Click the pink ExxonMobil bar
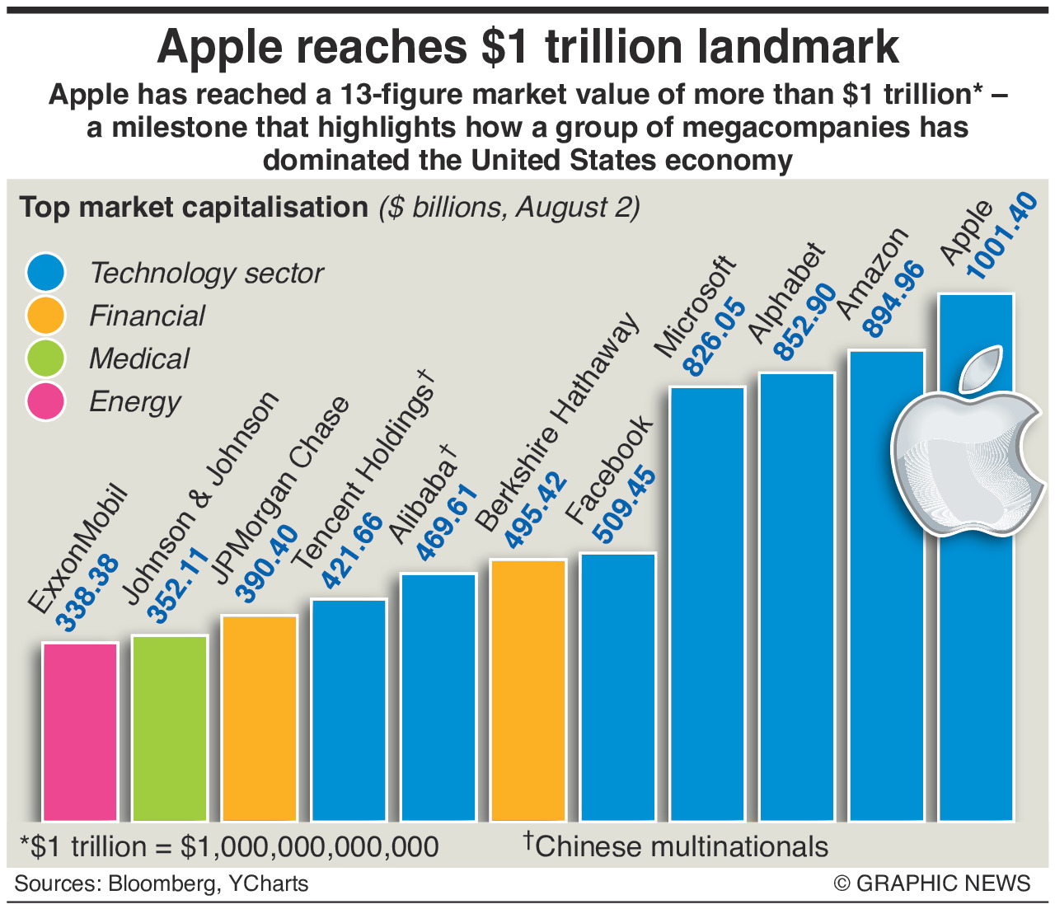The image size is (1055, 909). tap(80, 732)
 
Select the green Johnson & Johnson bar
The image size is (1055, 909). tap(170, 729)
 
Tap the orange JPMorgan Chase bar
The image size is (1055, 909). tap(260, 718)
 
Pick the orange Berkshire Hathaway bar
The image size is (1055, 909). tap(528, 691)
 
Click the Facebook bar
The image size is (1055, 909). tap(618, 687)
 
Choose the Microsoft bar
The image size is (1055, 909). tap(708, 604)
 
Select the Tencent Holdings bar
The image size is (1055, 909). tap(349, 710)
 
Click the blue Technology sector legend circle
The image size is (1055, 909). tap(46, 273)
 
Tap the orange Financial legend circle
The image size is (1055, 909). tap(46, 316)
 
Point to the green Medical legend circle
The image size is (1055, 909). tap(46, 358)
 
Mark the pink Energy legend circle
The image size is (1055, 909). tap(46, 401)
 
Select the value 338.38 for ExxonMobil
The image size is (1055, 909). tap(88, 595)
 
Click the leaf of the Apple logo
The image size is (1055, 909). tap(981, 368)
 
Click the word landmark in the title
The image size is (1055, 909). tap(797, 47)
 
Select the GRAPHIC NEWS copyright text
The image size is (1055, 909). tap(932, 883)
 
